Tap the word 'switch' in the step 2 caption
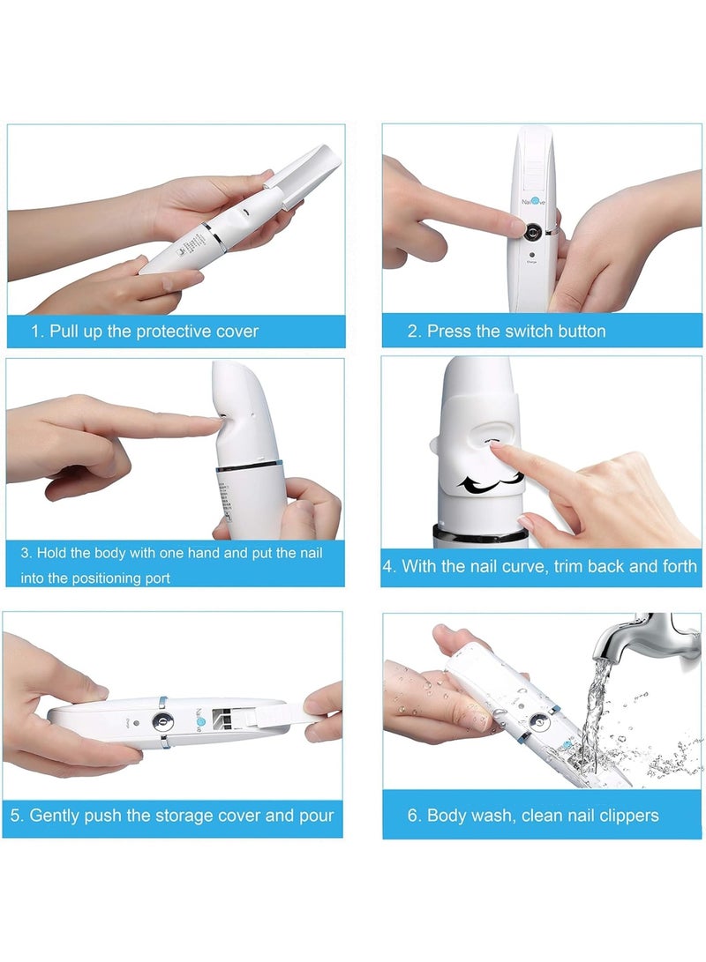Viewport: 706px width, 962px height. [506, 332]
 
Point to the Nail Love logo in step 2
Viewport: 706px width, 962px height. [531, 203]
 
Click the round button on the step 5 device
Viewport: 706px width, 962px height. [161, 720]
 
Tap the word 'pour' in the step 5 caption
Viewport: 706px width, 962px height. [317, 815]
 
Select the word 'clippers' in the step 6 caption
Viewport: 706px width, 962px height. [626, 815]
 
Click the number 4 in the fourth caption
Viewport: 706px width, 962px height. [388, 566]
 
